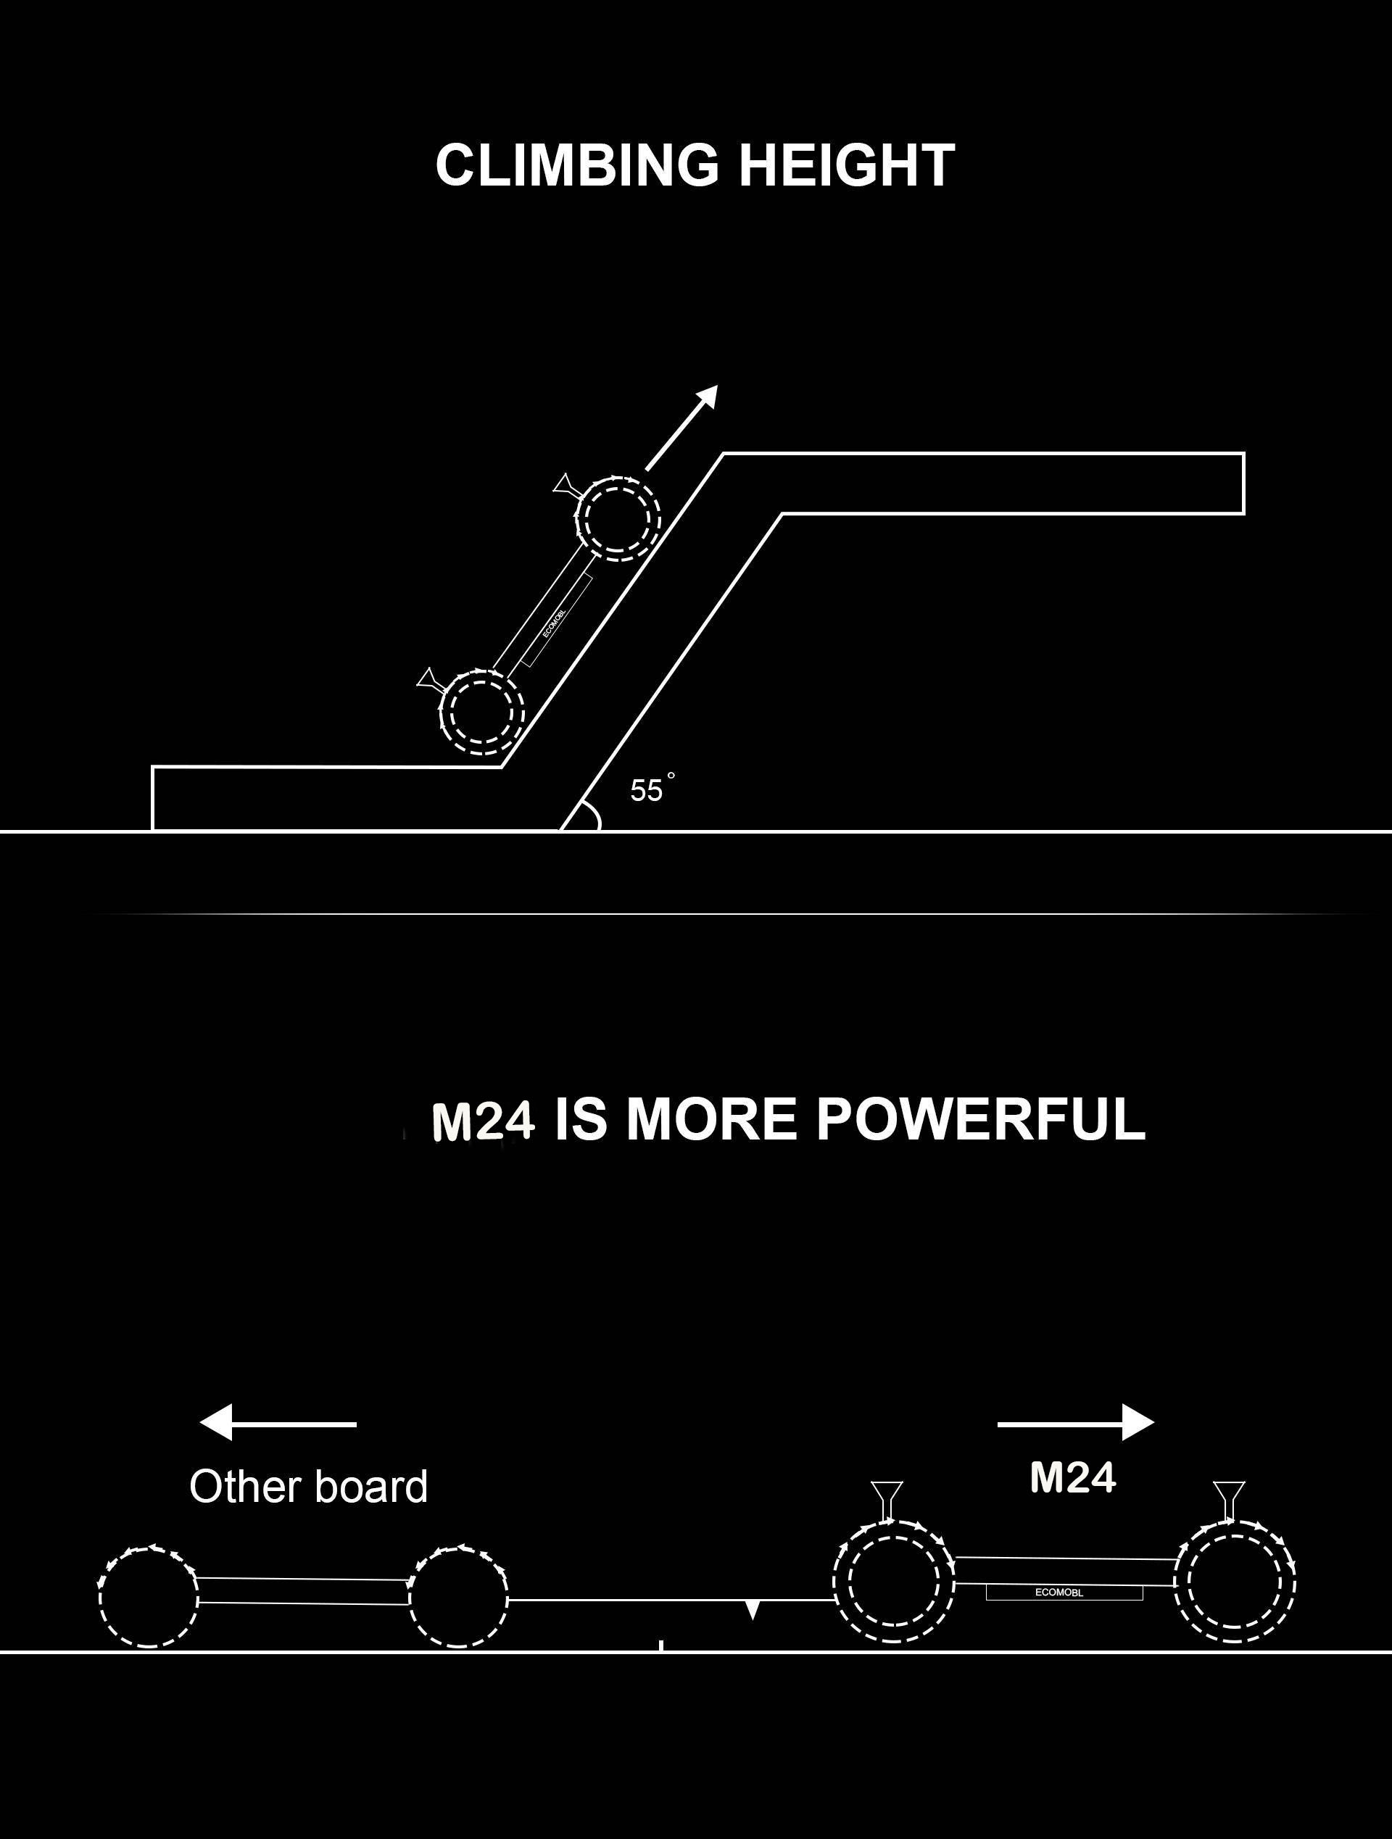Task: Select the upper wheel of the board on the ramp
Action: pyautogui.click(x=618, y=519)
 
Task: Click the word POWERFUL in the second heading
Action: pyautogui.click(x=980, y=1120)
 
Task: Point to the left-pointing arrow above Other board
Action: pyautogui.click(x=278, y=1424)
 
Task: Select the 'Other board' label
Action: pyautogui.click(x=309, y=1487)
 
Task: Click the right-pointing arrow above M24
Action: pyautogui.click(x=1075, y=1424)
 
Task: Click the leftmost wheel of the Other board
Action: pyautogui.click(x=149, y=1597)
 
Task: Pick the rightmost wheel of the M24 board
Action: pyautogui.click(x=1235, y=1580)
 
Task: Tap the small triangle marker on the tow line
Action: pyautogui.click(x=753, y=1611)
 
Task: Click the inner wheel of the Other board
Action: pyautogui.click(x=458, y=1597)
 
